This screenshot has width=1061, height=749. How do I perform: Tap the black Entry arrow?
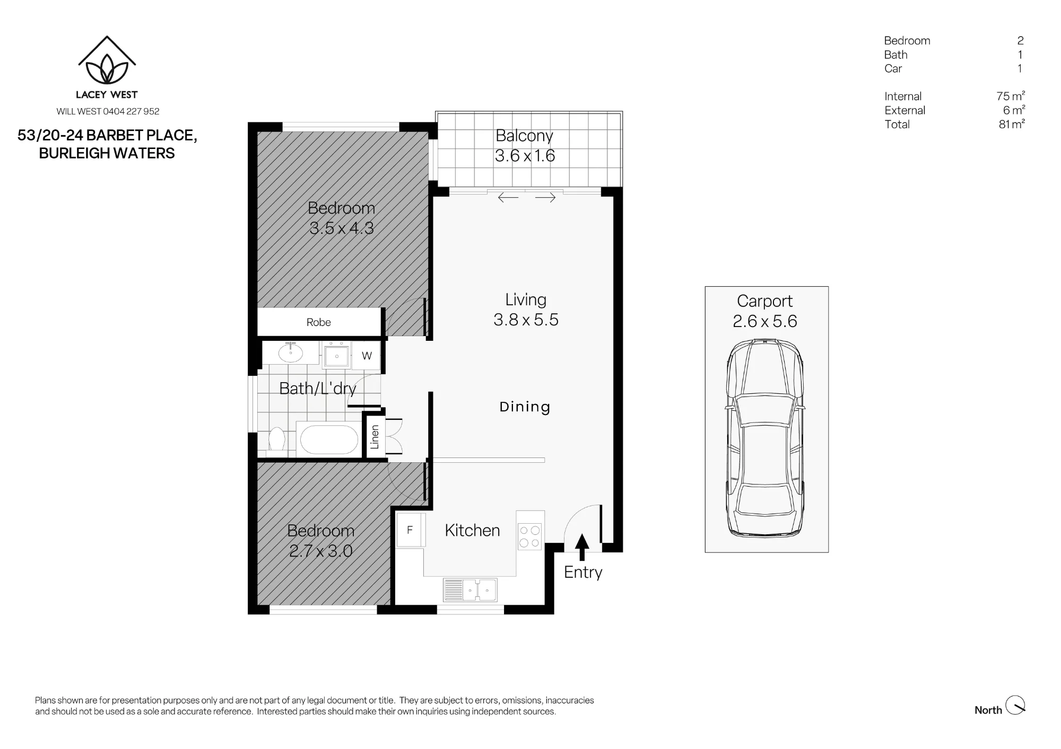(x=582, y=547)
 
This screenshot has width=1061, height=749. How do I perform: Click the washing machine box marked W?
(x=367, y=356)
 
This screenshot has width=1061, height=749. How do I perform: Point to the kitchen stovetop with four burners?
(x=529, y=535)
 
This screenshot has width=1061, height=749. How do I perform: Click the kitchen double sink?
(x=471, y=590)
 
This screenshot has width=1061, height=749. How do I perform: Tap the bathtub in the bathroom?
(x=329, y=440)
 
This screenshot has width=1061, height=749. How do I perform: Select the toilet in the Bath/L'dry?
(x=276, y=440)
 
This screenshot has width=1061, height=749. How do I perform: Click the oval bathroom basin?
(x=291, y=353)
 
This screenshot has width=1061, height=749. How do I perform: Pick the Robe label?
(x=318, y=322)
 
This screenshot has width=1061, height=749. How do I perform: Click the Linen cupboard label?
(x=375, y=437)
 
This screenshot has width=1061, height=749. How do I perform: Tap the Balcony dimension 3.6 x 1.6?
(x=525, y=156)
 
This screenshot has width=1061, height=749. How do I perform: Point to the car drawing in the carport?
(x=765, y=438)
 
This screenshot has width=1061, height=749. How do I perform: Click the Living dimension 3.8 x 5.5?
(x=526, y=320)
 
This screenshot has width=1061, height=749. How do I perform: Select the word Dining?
(x=525, y=407)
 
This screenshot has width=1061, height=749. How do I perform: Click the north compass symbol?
(x=1015, y=705)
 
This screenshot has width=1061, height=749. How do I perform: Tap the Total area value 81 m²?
(x=1012, y=124)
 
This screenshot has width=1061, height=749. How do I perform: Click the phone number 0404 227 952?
(x=131, y=111)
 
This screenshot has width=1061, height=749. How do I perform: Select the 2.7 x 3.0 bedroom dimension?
(x=320, y=551)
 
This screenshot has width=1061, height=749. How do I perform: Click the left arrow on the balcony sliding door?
(x=508, y=198)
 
